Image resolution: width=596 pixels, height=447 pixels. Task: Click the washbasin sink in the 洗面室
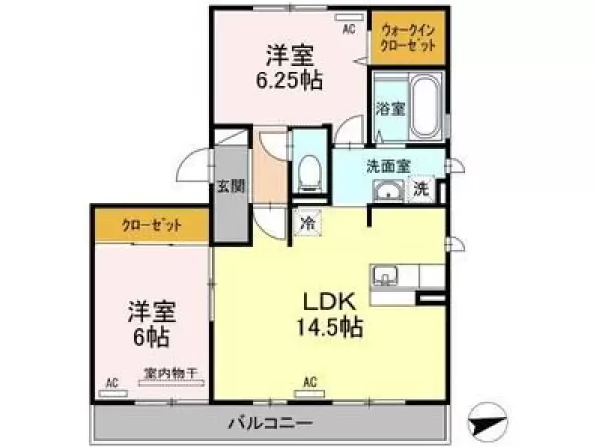click(386, 190)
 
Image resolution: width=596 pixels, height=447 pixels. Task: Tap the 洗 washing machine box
click(421, 189)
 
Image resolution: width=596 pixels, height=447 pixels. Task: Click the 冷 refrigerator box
click(308, 223)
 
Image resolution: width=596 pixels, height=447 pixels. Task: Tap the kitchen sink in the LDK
click(384, 275)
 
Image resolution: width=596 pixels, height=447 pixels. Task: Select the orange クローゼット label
click(150, 223)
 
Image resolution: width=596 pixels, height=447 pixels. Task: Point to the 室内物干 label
click(170, 373)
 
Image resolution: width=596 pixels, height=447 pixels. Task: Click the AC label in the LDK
click(310, 381)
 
